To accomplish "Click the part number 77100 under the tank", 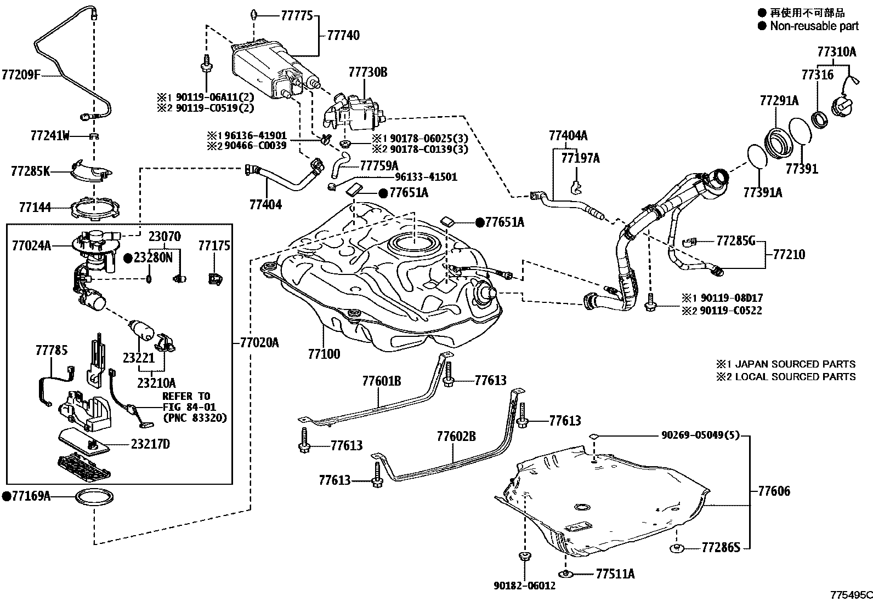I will (324, 354).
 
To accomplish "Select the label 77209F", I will (21, 74).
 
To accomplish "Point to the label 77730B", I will (367, 72).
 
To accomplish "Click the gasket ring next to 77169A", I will (94, 497).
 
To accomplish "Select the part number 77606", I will (774, 491).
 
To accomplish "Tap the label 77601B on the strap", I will (381, 381).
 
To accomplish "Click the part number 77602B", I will (456, 437).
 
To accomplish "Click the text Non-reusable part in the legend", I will (814, 26).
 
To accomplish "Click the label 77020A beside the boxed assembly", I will (259, 343).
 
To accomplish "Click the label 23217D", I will (150, 444).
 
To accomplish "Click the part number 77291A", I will (779, 101).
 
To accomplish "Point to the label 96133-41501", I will (426, 177).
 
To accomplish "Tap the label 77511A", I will (615, 574).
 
